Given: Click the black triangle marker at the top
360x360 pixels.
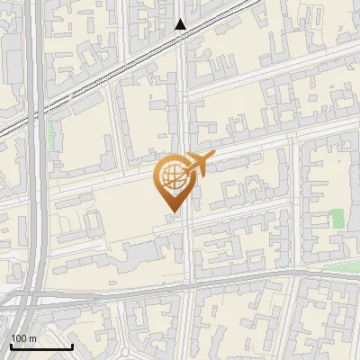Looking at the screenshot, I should pos(181,24).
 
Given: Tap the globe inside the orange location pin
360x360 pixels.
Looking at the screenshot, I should pos(170,178).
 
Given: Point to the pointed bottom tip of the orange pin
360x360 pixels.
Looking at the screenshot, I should pos(170,211).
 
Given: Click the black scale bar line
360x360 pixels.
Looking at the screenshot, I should pos(41,346).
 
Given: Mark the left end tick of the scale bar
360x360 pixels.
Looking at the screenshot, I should pos(11,345).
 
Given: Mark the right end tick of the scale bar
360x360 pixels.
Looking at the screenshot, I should pos(72,345).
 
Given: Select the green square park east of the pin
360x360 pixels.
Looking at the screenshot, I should pos(337,218).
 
